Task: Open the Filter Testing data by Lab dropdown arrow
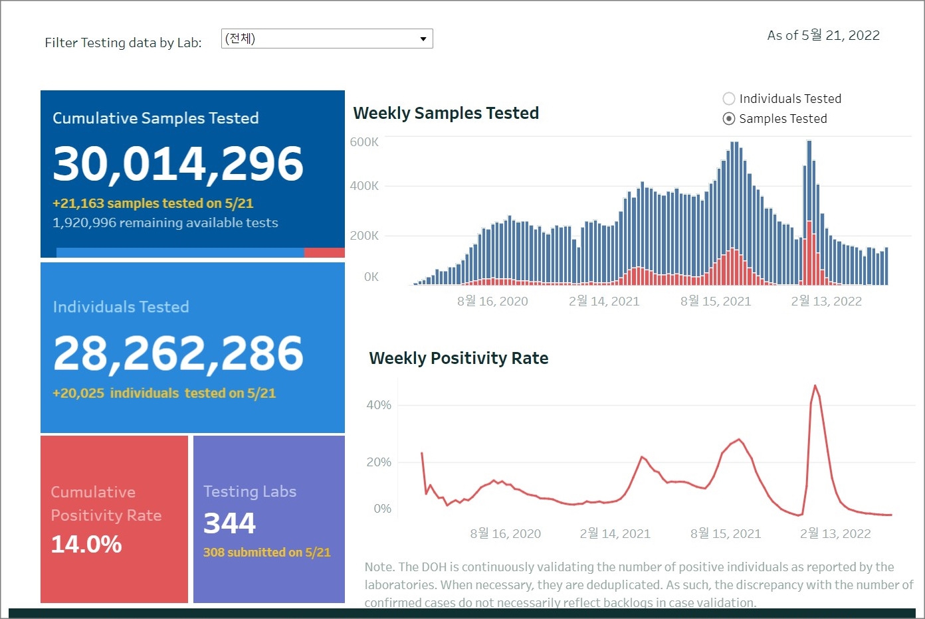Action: click(x=423, y=39)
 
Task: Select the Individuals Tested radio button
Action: click(x=729, y=99)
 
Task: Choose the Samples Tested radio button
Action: click(x=729, y=119)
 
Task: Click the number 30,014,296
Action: click(x=178, y=164)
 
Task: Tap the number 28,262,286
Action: click(x=178, y=353)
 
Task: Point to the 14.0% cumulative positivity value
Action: click(x=86, y=545)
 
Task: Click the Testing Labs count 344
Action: click(x=229, y=523)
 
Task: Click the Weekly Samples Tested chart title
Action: click(x=446, y=114)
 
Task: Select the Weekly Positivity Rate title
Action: click(x=459, y=359)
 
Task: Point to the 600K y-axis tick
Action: click(x=364, y=142)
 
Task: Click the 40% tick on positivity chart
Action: click(x=379, y=405)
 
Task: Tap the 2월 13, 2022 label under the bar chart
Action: click(x=826, y=302)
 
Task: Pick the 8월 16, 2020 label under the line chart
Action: click(x=505, y=534)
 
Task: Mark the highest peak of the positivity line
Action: click(x=815, y=386)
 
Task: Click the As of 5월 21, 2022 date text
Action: click(x=823, y=35)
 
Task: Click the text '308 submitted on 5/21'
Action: click(x=266, y=553)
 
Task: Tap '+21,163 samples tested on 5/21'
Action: click(x=153, y=204)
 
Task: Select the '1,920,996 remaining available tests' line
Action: click(x=165, y=223)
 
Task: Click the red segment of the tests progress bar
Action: click(x=324, y=252)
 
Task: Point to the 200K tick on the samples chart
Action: click(x=364, y=236)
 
